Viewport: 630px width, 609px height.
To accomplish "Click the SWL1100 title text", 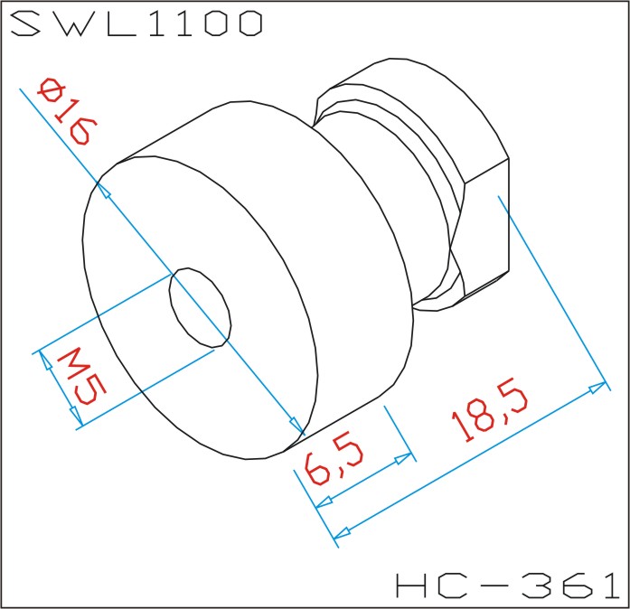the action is [136, 23].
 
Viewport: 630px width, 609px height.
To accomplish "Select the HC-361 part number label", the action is [508, 585].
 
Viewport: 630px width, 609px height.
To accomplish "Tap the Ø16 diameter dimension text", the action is [67, 111].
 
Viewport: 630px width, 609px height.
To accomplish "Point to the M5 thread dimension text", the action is [81, 377].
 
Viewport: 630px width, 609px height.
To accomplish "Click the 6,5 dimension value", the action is [334, 461].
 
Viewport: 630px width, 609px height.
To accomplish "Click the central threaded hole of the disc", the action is [200, 307].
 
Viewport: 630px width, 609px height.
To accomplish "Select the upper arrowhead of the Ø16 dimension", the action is [104, 191].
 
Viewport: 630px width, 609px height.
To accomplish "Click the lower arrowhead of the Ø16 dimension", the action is [296, 426].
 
